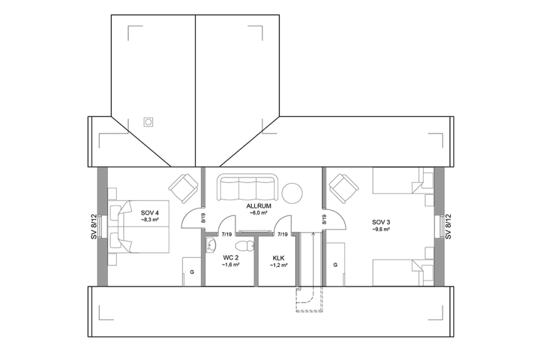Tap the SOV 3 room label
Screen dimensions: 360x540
381,222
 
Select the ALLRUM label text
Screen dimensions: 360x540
258,205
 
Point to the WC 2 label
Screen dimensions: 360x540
231,257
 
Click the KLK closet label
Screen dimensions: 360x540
279,257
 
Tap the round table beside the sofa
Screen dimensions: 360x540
292,193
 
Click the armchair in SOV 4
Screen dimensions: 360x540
184,187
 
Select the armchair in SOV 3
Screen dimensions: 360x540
344,187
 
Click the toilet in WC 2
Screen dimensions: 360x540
250,244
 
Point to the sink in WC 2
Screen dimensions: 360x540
211,244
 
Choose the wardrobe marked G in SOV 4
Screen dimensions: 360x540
191,272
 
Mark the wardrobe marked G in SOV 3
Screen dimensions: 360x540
335,264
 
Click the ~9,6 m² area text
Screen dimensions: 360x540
381,229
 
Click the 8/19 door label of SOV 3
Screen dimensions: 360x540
324,219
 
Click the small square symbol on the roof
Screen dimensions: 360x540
149,122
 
